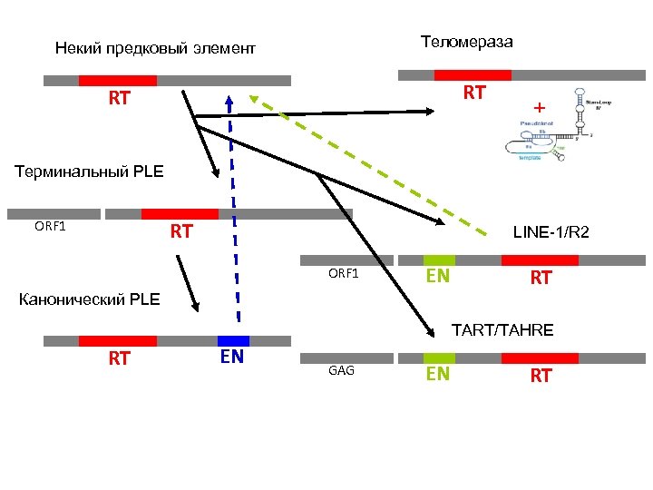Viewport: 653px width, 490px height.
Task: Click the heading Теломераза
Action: coord(466,42)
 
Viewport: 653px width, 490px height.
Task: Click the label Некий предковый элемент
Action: coord(155,47)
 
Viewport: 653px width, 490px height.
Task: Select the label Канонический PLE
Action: coord(89,299)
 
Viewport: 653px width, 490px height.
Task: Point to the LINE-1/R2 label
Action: coord(551,232)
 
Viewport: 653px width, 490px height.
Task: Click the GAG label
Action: coord(341,371)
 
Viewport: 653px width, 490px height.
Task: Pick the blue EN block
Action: coord(233,340)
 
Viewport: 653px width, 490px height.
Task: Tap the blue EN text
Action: coord(232,357)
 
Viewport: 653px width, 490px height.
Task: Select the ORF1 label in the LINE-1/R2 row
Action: coord(344,273)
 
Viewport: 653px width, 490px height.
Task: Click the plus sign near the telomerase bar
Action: coord(540,107)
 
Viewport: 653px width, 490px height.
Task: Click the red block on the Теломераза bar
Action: coord(473,75)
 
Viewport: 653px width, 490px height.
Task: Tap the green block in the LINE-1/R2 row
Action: coord(439,260)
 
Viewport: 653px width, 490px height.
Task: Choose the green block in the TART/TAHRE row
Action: coord(439,358)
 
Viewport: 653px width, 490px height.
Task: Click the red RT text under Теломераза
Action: coord(473,93)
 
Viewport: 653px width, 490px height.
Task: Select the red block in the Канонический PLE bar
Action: coord(118,340)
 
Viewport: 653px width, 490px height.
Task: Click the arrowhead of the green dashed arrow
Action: coord(254,99)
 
